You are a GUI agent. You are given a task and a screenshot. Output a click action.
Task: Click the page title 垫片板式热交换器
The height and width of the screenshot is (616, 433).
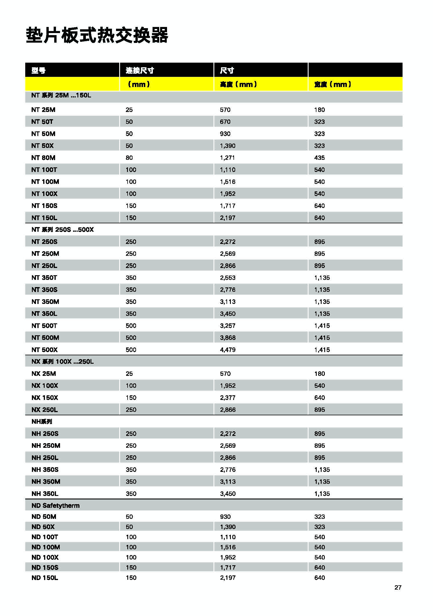[x=97, y=35]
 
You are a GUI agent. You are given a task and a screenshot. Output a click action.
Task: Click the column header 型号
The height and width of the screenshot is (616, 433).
[x=38, y=70]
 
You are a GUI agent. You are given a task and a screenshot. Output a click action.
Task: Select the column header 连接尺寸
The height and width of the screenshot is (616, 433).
[x=139, y=70]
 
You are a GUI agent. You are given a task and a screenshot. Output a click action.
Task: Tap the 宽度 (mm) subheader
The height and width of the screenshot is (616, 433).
[x=333, y=84]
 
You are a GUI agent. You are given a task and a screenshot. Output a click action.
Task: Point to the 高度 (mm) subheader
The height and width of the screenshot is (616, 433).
[x=238, y=84]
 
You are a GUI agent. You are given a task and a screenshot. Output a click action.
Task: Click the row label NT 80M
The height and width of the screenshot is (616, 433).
[x=43, y=158]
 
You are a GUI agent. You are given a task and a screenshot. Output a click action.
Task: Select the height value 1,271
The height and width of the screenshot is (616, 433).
[x=227, y=158]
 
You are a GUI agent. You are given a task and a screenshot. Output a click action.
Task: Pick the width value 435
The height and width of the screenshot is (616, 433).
[x=319, y=158]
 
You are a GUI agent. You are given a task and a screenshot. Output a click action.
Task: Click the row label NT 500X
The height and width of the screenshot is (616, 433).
[x=44, y=350]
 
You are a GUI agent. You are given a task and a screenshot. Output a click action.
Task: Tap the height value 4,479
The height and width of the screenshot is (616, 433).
[x=228, y=350]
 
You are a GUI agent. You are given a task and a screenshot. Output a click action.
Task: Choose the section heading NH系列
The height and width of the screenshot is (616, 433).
[x=42, y=422]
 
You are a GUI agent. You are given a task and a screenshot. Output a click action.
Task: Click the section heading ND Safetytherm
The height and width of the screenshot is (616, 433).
[x=55, y=506]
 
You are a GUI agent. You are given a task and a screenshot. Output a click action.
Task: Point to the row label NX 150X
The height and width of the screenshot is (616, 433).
[x=45, y=398]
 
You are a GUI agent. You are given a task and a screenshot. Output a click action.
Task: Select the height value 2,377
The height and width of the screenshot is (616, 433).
[x=228, y=398]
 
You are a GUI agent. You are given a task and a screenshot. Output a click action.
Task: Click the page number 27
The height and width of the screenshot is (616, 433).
[x=398, y=588]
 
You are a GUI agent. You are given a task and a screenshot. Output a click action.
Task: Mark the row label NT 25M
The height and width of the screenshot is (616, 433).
[x=43, y=110]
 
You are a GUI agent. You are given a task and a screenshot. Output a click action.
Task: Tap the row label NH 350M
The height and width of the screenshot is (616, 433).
[x=46, y=481]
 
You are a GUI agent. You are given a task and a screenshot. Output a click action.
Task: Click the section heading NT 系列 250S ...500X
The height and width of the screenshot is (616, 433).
[x=62, y=230]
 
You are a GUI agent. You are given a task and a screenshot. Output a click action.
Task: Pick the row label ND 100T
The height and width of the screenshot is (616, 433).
[x=45, y=537]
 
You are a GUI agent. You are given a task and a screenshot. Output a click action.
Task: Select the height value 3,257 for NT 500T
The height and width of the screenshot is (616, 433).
[x=228, y=326]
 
